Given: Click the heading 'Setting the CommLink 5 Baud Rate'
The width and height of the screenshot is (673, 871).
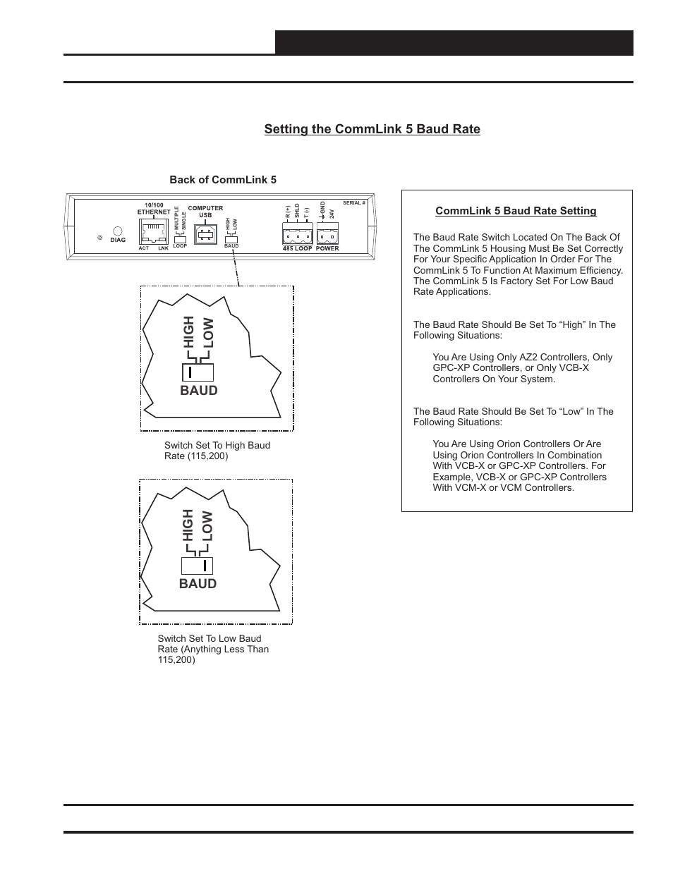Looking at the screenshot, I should pos(372,129).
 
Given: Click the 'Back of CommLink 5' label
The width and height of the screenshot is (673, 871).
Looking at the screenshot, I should pos(223,180).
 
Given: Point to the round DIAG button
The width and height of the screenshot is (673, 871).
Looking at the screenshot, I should pos(118,231).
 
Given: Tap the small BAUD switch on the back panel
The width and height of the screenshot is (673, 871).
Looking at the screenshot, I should pos(231,239).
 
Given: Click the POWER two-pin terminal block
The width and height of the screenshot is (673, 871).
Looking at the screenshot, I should pos(327,235).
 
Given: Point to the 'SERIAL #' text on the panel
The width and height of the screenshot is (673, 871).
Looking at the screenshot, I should pos(354,202).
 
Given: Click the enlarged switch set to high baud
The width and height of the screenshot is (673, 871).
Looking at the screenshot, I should pos(198,372).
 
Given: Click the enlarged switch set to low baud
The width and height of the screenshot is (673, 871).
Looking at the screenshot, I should pos(197,566).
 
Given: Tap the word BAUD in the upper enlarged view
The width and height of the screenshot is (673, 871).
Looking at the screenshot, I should pos(198,391).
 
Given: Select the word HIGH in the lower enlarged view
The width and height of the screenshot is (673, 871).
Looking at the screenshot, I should pos(188,525).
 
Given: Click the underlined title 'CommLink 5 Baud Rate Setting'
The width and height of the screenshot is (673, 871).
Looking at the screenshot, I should pos(516,211).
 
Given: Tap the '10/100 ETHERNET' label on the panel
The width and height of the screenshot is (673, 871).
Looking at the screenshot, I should pos(154,208).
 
